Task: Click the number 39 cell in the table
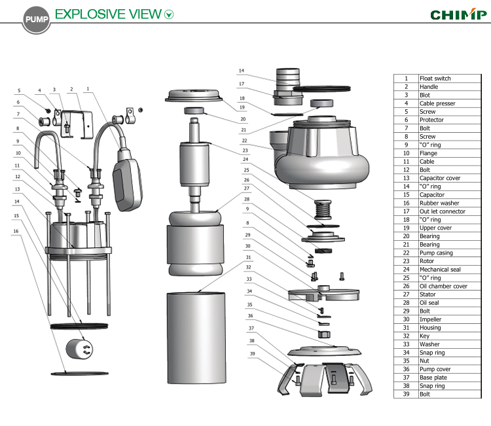[406, 395]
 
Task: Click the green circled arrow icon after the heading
[170, 14]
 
